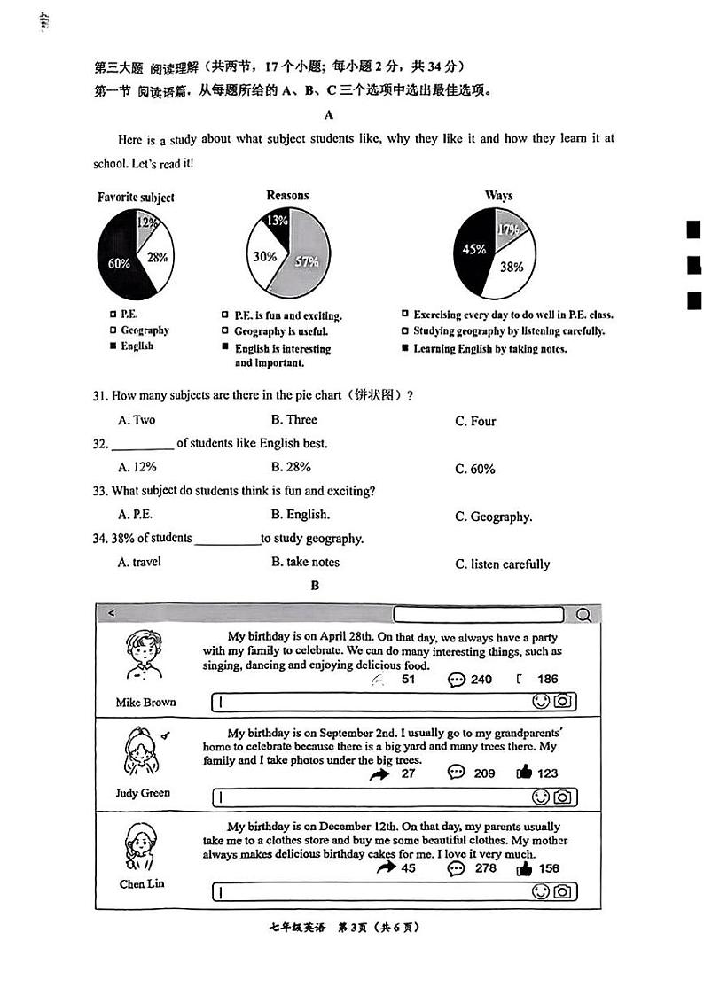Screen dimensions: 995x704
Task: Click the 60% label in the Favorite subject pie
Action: tap(119, 263)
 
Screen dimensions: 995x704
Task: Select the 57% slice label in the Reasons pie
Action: tap(307, 261)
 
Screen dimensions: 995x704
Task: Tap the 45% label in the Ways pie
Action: tap(474, 250)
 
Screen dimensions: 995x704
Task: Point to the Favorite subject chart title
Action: tap(136, 198)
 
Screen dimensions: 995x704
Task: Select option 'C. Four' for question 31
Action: tap(475, 422)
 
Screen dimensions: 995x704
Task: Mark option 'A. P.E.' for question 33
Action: tap(135, 514)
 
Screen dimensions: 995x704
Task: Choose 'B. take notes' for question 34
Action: tap(305, 562)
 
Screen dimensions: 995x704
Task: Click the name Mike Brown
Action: tap(145, 703)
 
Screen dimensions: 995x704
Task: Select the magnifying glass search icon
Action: tap(583, 615)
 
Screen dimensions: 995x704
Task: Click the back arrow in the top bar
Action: tap(111, 613)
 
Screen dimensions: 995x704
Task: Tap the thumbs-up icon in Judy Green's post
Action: tap(524, 773)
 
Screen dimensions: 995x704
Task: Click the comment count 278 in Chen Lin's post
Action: tap(486, 868)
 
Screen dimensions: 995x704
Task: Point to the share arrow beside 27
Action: tap(380, 773)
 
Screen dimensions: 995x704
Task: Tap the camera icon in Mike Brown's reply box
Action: tap(563, 702)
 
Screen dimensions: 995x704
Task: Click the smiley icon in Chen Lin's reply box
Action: tap(540, 891)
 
